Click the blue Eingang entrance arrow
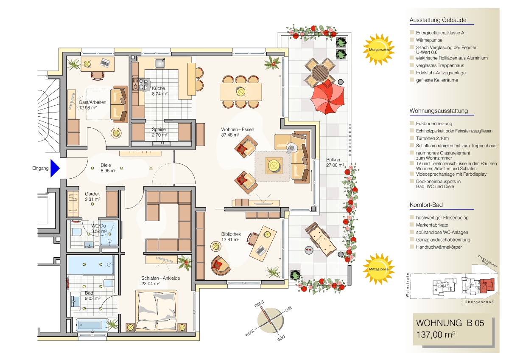55,168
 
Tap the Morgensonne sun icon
378,50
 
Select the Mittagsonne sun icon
378,269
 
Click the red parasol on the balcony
327,98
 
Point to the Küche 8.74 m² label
159,91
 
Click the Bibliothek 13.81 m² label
231,237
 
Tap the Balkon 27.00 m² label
335,162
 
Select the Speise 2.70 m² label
159,132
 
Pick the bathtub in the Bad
92,325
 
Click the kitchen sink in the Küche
160,63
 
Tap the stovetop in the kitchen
139,84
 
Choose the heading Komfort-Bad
426,205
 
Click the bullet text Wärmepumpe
429,40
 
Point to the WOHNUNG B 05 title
450,323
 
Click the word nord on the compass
259,304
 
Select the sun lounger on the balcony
321,239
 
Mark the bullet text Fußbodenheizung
434,124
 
